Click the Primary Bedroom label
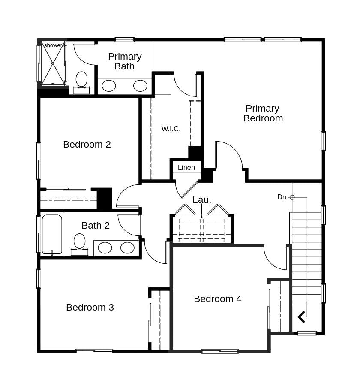pyautogui.click(x=263, y=113)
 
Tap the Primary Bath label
pyautogui.click(x=125, y=61)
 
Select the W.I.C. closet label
pyautogui.click(x=171, y=129)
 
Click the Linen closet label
pyautogui.click(x=186, y=167)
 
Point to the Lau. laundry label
pyautogui.click(x=201, y=199)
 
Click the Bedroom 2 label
pyautogui.click(x=87, y=144)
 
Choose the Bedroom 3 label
pyautogui.click(x=90, y=307)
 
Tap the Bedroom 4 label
pyautogui.click(x=217, y=299)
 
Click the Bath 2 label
pyautogui.click(x=95, y=225)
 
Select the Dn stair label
pyautogui.click(x=282, y=197)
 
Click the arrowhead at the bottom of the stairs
pyautogui.click(x=302, y=317)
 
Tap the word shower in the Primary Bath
pyautogui.click(x=53, y=45)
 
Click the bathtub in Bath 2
pyautogui.click(x=52, y=235)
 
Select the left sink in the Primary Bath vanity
pyautogui.click(x=109, y=86)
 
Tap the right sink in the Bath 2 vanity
pyautogui.click(x=127, y=247)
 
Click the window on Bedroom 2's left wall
pyautogui.click(x=39, y=161)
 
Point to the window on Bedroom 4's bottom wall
pyautogui.click(x=219, y=351)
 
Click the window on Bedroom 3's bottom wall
pyautogui.click(x=94, y=351)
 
